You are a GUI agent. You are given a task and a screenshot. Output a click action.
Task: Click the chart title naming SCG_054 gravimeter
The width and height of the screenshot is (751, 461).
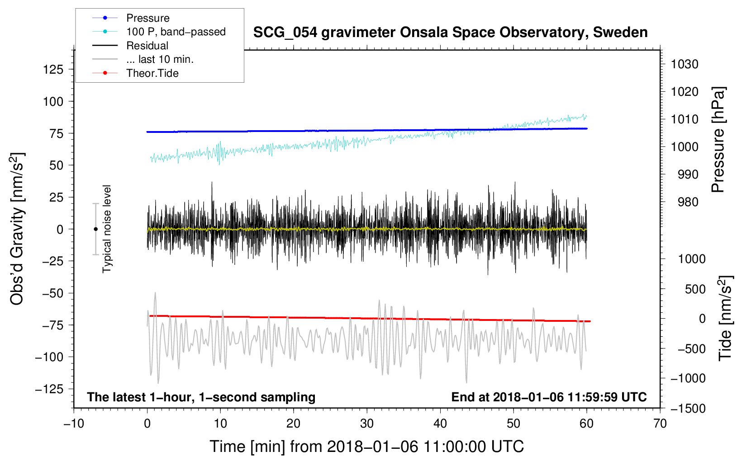coord(450,33)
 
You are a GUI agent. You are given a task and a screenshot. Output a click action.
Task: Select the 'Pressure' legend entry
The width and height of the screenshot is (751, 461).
coord(148,18)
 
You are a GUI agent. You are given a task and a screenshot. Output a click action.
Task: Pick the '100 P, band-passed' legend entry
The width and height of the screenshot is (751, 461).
coord(176,32)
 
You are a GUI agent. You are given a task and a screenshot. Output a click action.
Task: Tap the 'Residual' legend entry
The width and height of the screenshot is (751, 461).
coord(147,46)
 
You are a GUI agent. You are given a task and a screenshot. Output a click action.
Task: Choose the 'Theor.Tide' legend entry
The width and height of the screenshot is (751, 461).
coord(152,73)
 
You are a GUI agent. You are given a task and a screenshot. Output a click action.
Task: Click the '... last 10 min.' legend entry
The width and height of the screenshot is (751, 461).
coord(160,59)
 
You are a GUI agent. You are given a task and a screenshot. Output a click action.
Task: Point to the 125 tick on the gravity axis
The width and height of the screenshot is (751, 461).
coord(53,69)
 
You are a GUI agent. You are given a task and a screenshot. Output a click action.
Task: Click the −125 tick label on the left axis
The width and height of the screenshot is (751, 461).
coord(49,389)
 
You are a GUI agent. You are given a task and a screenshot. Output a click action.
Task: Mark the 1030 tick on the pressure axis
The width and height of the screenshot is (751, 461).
coord(684,64)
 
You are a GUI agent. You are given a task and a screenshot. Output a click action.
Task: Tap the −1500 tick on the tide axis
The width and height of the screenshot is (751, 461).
coord(688,409)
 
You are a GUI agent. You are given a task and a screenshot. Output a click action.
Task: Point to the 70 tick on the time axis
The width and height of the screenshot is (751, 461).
coord(660,423)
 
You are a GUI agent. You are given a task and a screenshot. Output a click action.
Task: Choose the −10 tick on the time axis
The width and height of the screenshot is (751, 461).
coord(74,423)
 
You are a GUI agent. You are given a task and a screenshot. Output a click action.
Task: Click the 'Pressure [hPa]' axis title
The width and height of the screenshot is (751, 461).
coord(718,140)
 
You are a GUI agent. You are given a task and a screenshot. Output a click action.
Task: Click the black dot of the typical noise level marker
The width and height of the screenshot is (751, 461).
coord(95,229)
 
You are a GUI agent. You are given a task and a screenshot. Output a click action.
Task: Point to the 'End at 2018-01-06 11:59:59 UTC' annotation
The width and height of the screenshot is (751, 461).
coord(549,397)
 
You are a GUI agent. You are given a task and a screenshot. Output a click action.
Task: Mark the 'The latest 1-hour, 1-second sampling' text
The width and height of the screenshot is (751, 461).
coord(201,397)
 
